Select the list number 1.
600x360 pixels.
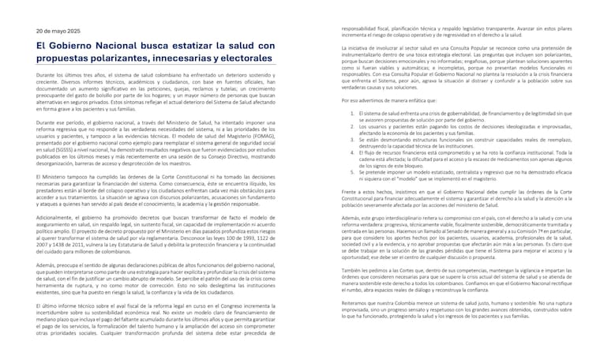pos(352,114)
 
